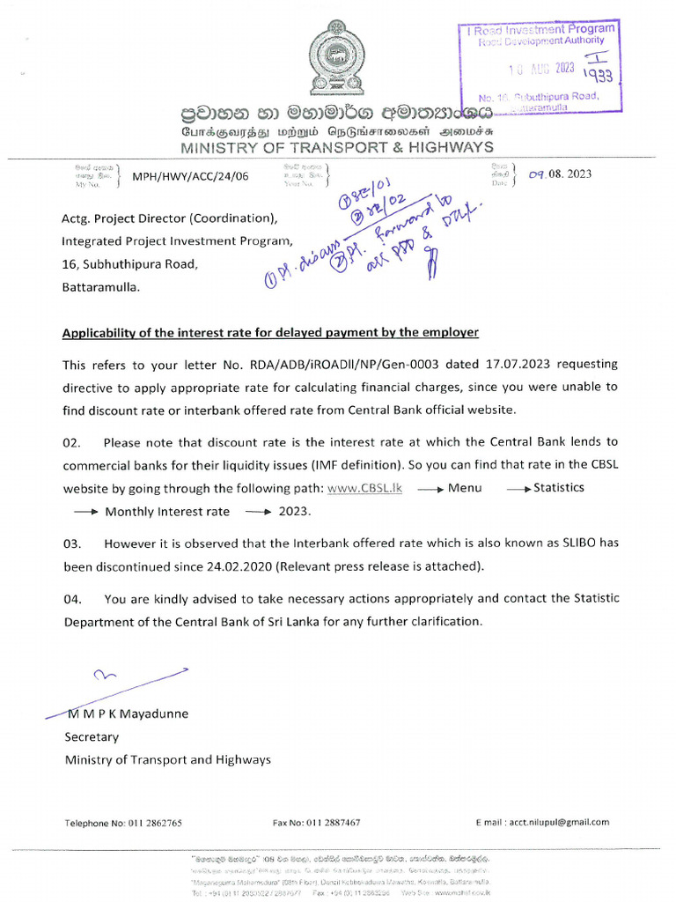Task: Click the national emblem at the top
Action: [337, 60]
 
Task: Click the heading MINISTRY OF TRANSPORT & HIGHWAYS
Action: [337, 147]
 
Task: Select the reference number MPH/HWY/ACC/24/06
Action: [190, 176]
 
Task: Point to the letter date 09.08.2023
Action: [560, 174]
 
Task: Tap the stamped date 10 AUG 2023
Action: [542, 70]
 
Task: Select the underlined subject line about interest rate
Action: [271, 332]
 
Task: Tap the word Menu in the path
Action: [464, 488]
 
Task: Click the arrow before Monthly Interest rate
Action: [84, 511]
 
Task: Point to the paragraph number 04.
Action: [73, 599]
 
